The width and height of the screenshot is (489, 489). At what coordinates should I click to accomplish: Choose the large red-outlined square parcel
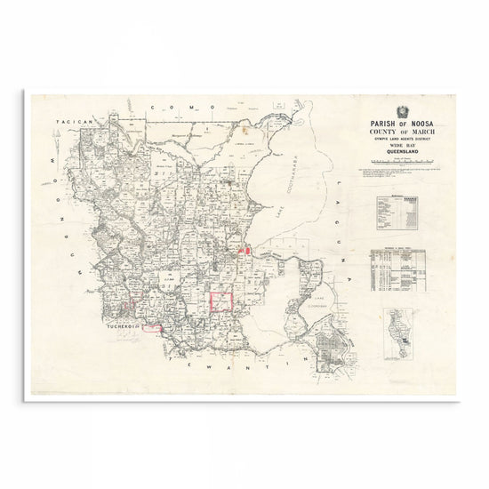(x=220, y=301)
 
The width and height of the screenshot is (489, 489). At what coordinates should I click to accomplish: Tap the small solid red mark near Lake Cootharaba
(x=252, y=254)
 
